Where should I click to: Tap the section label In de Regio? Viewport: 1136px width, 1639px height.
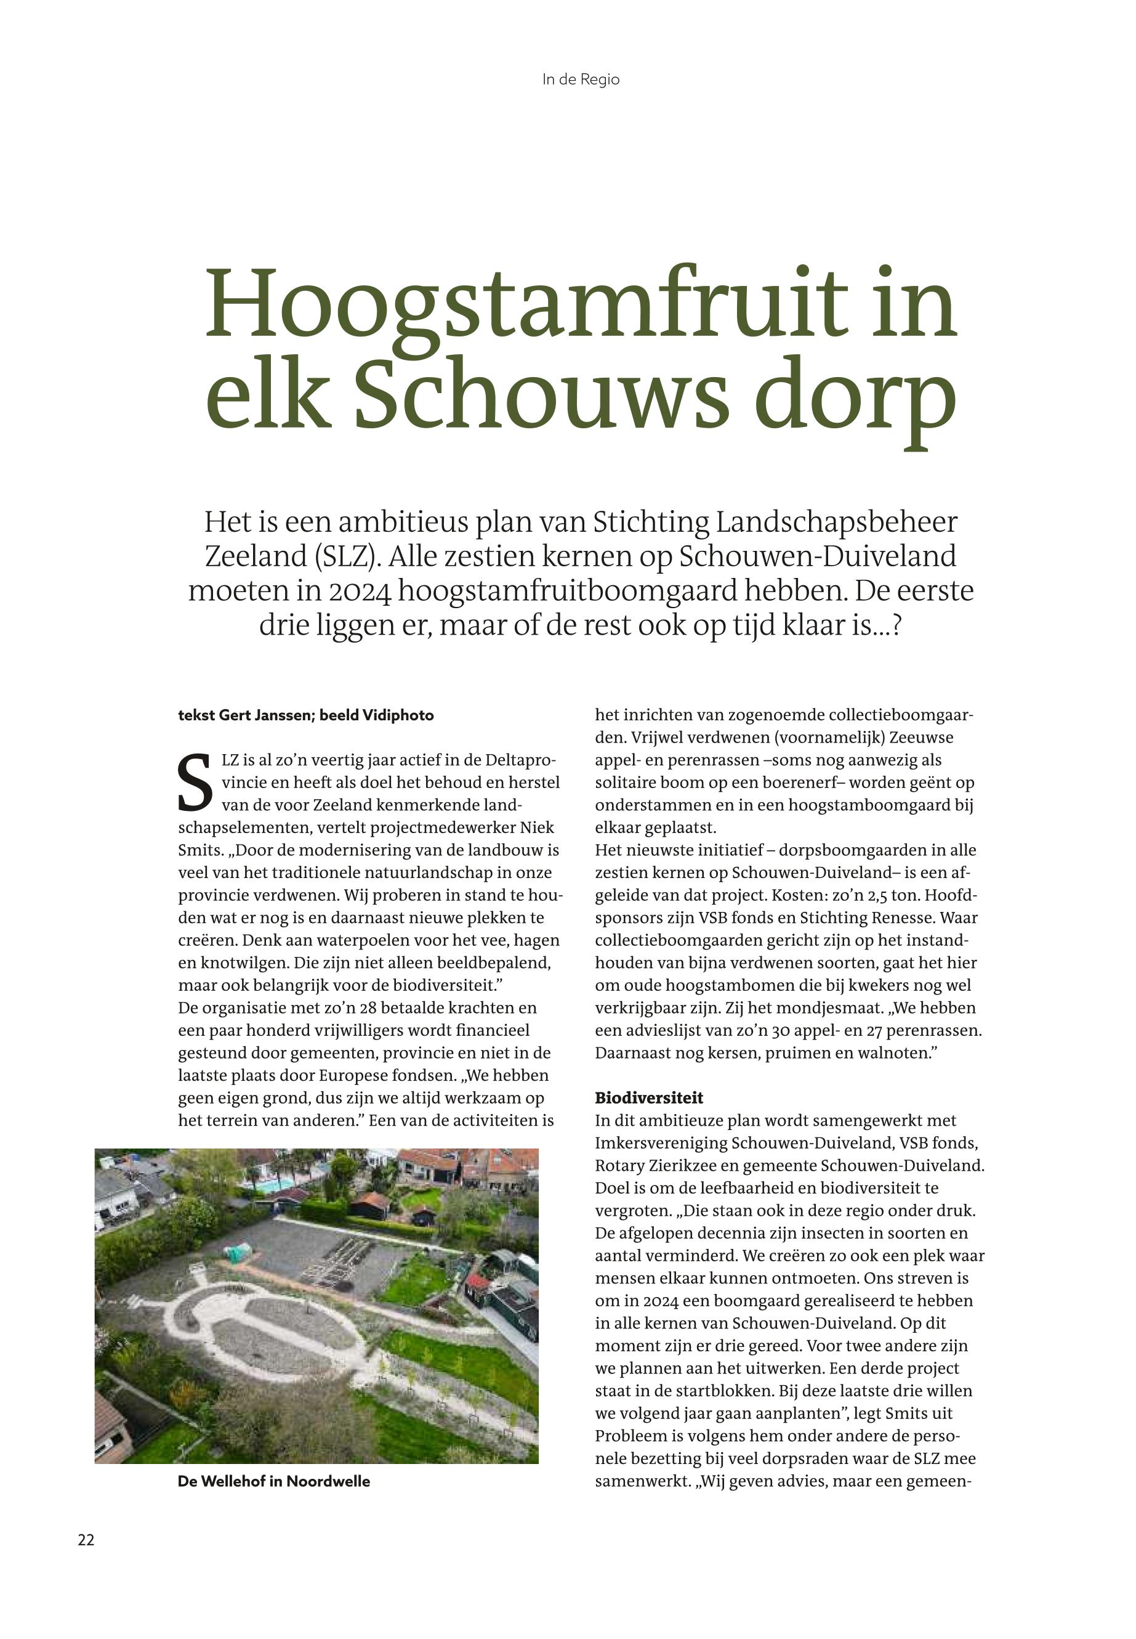coord(581,79)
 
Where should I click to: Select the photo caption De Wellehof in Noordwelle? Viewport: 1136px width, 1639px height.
coord(273,1482)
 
